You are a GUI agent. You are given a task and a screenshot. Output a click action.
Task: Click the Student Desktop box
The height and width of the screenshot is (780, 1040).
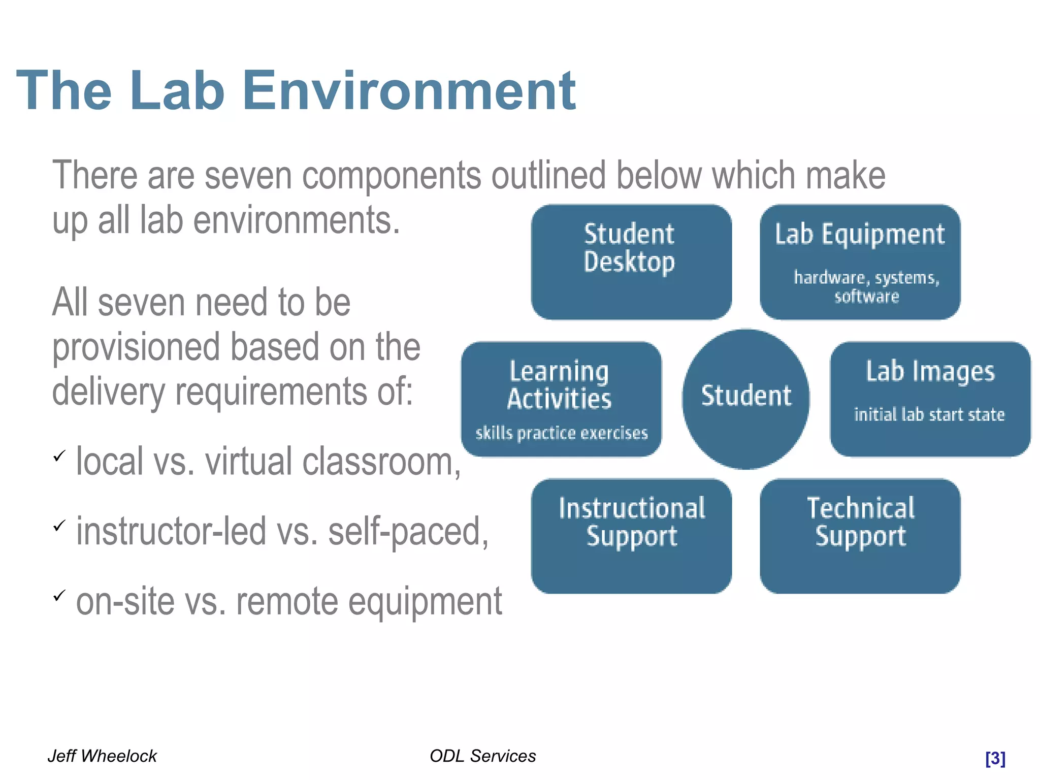631,262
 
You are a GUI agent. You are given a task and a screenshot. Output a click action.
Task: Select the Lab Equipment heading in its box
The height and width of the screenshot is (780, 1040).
860,235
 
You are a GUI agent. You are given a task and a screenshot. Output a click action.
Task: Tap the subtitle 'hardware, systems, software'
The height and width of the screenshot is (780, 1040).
866,287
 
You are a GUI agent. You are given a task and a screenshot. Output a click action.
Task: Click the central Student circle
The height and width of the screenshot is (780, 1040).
745,399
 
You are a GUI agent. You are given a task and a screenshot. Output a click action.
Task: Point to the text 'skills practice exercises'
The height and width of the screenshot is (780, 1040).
562,433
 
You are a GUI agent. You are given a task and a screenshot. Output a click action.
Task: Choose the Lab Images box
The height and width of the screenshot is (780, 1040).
930,399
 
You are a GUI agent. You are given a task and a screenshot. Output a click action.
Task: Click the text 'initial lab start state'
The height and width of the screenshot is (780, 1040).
929,415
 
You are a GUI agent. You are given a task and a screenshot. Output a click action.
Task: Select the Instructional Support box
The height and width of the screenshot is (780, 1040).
631,536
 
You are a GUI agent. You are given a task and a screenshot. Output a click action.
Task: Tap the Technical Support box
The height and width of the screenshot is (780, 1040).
860,536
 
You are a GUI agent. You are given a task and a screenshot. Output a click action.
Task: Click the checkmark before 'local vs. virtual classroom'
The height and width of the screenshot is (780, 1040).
59,456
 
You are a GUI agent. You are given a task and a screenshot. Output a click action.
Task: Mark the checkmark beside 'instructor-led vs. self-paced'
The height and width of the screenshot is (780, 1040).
59,525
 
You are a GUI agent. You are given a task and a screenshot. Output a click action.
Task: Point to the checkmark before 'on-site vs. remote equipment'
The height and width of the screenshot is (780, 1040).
59,595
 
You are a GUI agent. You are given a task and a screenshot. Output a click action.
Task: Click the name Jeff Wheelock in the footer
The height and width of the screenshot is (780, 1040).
102,756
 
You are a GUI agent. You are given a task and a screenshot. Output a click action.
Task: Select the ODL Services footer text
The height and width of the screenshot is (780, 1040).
482,756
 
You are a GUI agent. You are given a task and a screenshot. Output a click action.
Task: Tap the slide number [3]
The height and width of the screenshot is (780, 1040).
995,758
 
